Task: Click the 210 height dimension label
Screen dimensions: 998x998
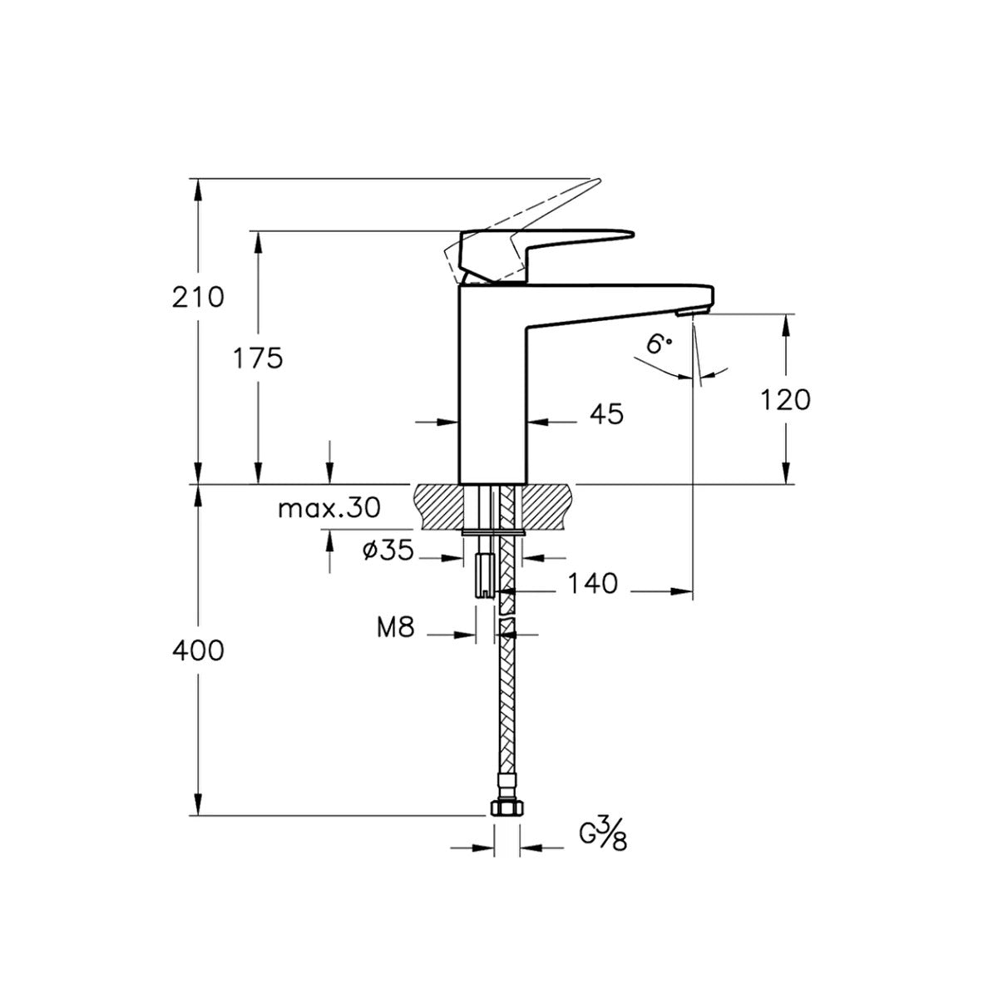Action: (x=198, y=297)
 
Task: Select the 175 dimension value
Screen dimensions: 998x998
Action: (x=258, y=358)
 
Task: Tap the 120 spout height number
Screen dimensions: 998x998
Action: (x=785, y=400)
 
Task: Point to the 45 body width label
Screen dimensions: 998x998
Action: (x=606, y=414)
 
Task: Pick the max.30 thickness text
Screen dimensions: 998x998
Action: (x=329, y=508)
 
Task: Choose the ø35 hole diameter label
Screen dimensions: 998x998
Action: (x=388, y=550)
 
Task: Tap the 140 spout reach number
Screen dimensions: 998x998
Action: (x=593, y=584)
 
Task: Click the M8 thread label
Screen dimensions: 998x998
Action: (x=396, y=628)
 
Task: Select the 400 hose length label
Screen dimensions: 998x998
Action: (x=198, y=650)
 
